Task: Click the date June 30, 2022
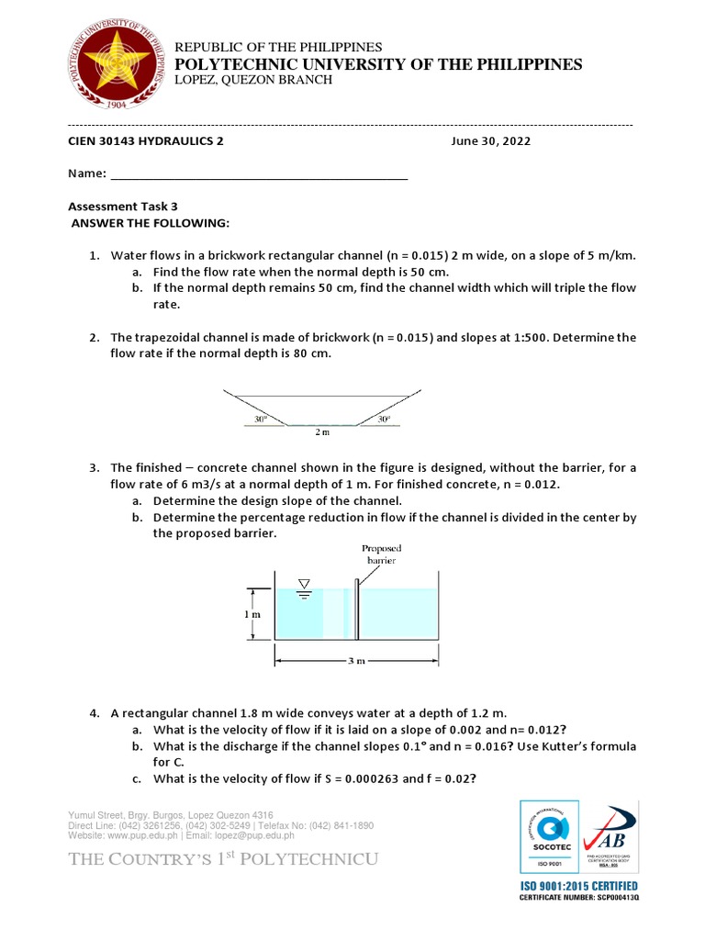490,141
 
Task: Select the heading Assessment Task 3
124,207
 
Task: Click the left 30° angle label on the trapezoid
261,419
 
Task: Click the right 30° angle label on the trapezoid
384,419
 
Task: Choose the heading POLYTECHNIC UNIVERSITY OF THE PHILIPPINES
378,63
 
